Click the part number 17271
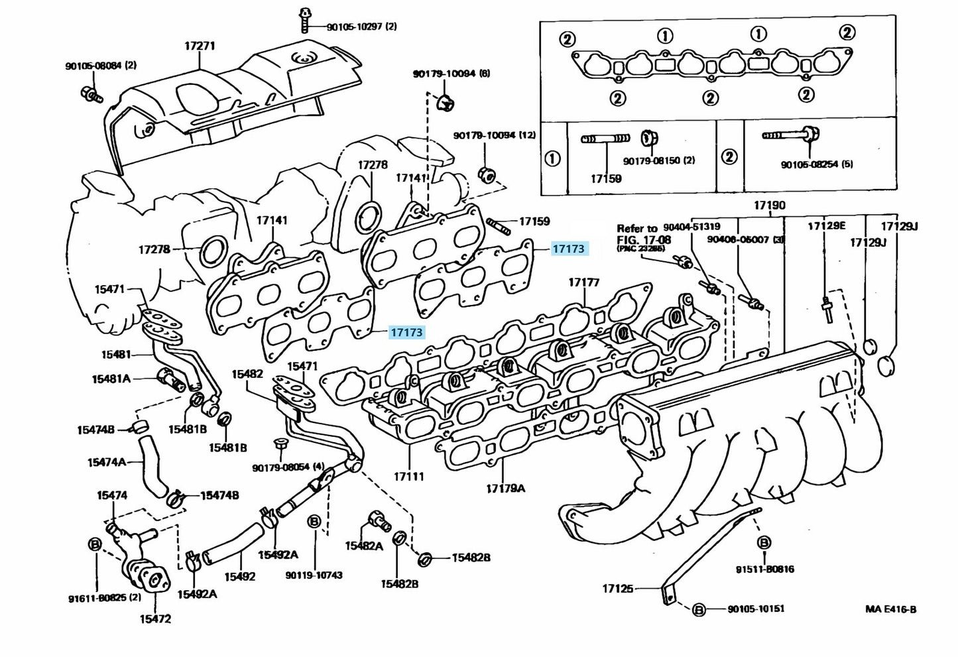(200, 46)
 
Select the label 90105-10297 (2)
(361, 27)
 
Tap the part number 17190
(769, 206)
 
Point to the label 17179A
(505, 489)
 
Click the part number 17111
(408, 476)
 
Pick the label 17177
(583, 283)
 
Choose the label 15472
(155, 619)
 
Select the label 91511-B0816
(764, 569)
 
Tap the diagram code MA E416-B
(890, 609)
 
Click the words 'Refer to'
(637, 228)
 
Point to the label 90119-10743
(314, 575)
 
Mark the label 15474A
(106, 461)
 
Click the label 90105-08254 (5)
(817, 164)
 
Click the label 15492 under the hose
(239, 576)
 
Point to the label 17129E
(826, 226)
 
